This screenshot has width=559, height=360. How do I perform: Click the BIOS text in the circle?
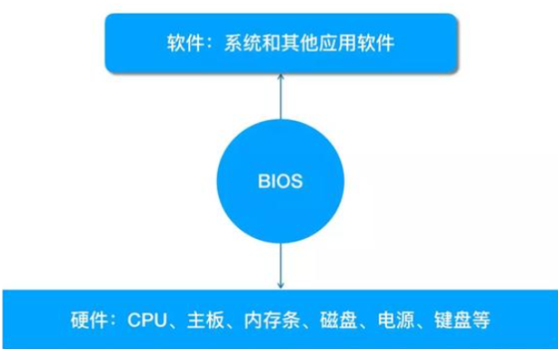[x=279, y=181]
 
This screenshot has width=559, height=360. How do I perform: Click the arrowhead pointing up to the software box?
[x=279, y=78]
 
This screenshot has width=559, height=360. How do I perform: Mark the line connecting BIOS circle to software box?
[x=279, y=99]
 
